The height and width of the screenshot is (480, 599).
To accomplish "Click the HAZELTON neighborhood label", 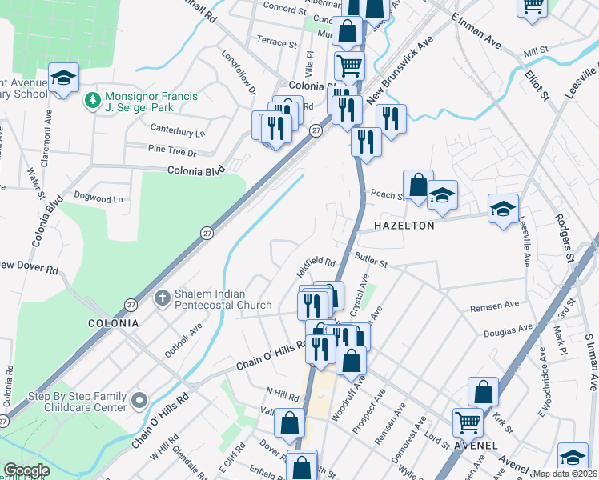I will pos(402,226).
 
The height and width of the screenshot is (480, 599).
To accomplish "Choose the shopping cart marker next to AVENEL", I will pos(468,421).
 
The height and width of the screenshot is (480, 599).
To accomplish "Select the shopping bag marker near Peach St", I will pos(418,186).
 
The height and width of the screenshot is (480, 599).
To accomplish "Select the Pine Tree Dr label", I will pos(172,150).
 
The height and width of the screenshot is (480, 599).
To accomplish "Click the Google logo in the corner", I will pos(26,470).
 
